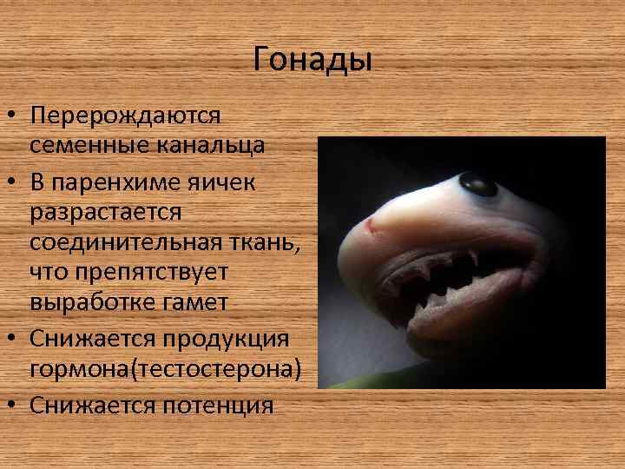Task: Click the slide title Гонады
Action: [x=312, y=60]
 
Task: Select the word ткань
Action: [x=265, y=244]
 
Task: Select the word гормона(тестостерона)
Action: [x=165, y=370]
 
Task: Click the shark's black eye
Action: [x=477, y=183]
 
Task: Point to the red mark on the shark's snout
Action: [x=370, y=228]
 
